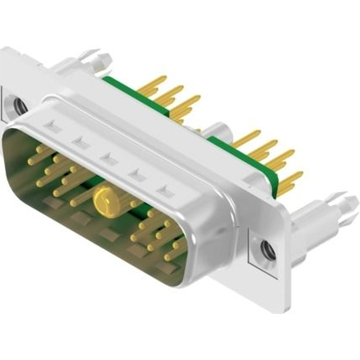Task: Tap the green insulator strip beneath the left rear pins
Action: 134,91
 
